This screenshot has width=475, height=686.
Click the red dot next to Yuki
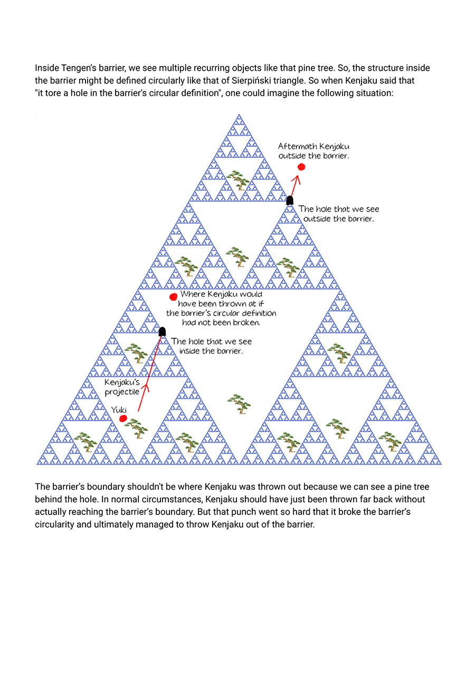[123, 418]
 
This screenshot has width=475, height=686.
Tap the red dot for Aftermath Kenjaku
[301, 167]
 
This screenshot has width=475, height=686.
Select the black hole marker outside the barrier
[290, 200]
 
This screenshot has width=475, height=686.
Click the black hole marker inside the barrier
[162, 331]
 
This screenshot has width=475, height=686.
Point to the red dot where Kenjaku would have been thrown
[173, 297]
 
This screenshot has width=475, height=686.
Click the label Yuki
[119, 409]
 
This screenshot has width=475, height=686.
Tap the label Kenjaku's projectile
[122, 387]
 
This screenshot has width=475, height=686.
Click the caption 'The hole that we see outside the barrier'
[338, 214]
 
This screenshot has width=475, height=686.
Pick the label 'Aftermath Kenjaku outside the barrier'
[313, 151]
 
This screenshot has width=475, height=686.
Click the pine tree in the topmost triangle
[239, 180]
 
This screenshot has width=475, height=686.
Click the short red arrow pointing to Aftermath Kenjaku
[294, 185]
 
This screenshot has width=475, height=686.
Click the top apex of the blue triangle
[239, 115]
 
